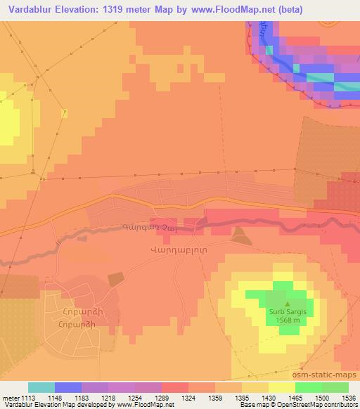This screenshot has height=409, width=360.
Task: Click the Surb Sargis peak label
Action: tap(287, 310)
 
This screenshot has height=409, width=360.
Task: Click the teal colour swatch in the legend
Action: tap(41, 387)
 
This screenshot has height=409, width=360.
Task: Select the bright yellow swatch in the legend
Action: tap(281, 387)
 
